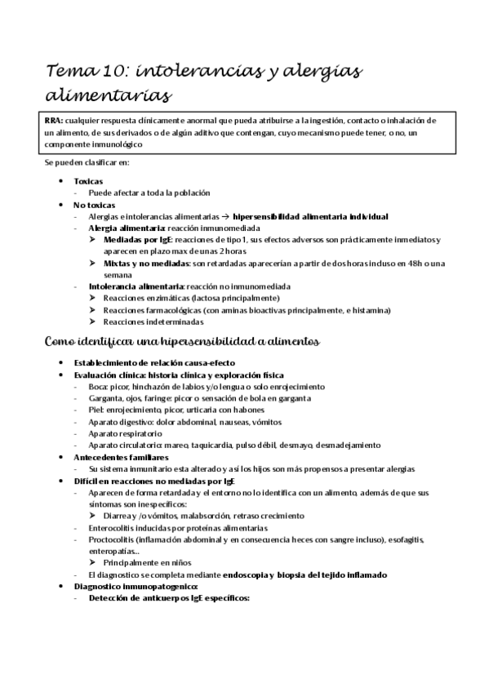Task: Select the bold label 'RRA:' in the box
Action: [x=54, y=120]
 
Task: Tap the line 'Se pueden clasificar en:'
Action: [x=82, y=162]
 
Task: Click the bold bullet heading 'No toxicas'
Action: [x=94, y=204]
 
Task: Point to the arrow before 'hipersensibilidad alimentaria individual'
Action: [x=224, y=216]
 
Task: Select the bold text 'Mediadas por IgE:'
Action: [x=140, y=240]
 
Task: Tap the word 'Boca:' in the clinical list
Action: [x=99, y=386]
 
